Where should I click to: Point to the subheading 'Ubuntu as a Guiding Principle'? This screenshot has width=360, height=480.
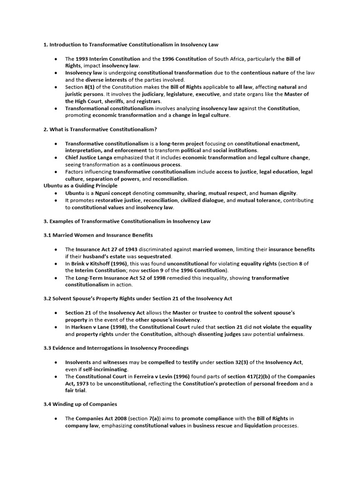[x=81, y=186]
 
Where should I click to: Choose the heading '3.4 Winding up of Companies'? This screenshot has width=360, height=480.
[x=80, y=404]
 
